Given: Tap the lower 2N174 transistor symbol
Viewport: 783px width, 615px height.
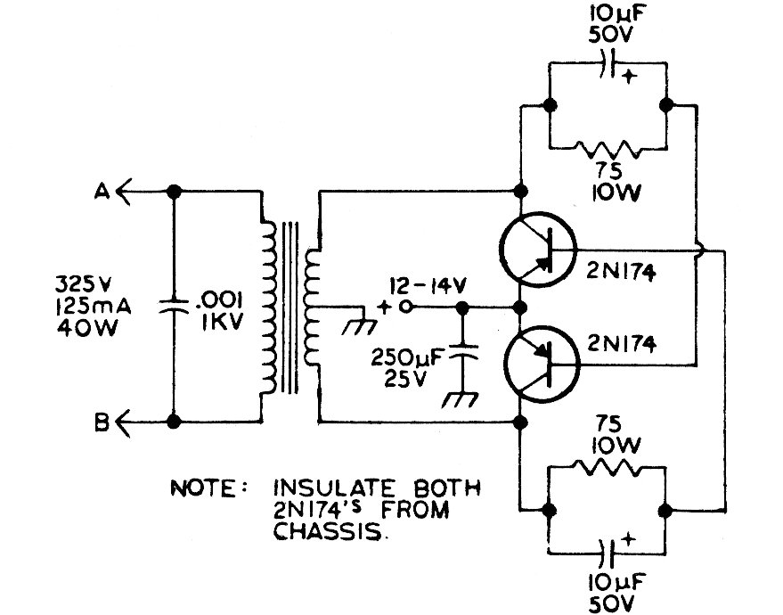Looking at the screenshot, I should [539, 360].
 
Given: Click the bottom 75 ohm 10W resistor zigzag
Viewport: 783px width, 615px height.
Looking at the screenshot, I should [608, 468].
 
